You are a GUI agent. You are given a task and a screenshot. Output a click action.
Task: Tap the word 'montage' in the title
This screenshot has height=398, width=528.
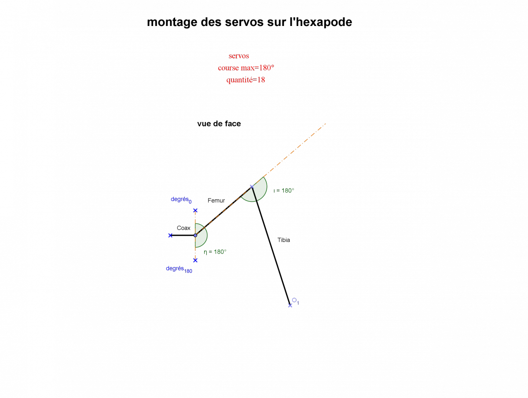[x=171, y=22]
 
